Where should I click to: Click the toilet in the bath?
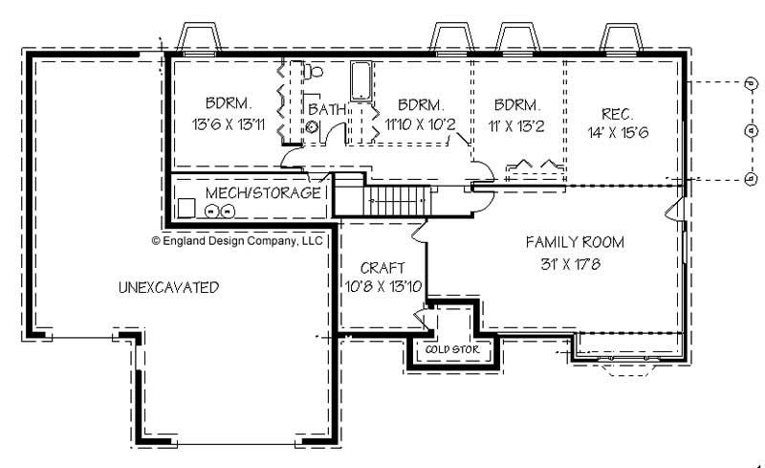[x=313, y=70]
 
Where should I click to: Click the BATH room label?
[x=326, y=110]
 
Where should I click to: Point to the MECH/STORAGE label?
[x=263, y=193]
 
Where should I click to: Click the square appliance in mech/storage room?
[x=186, y=208]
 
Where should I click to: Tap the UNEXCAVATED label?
[x=168, y=287]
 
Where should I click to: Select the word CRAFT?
[x=382, y=267]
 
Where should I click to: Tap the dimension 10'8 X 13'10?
[x=382, y=285]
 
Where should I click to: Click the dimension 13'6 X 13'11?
[x=228, y=123]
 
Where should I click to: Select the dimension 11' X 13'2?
[x=517, y=123]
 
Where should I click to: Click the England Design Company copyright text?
[x=237, y=243]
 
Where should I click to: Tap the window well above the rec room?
[x=625, y=37]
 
